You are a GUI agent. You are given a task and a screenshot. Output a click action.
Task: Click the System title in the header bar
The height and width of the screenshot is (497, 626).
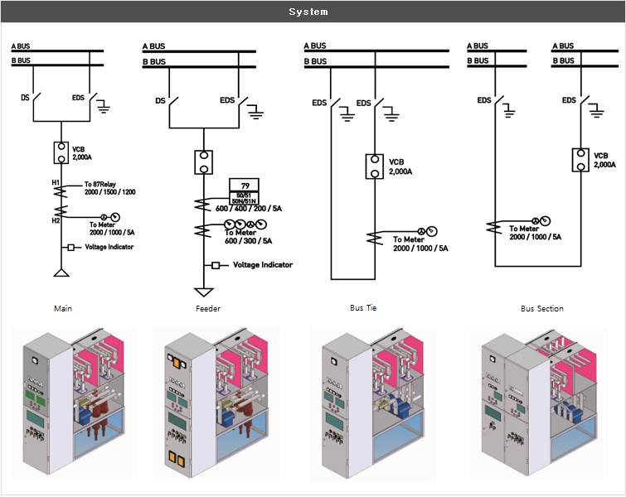308,12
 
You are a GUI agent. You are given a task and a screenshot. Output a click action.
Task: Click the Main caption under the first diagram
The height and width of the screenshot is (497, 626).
63,309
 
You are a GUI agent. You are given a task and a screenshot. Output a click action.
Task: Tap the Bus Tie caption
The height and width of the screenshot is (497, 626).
364,308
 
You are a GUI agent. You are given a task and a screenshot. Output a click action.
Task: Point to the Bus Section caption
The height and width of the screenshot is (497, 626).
542,309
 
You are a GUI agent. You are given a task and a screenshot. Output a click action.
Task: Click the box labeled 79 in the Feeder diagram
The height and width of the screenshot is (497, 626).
245,184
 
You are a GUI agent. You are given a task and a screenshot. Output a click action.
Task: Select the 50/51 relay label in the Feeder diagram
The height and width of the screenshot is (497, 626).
245,194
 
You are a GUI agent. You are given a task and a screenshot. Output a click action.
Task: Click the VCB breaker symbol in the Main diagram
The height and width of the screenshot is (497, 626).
61,153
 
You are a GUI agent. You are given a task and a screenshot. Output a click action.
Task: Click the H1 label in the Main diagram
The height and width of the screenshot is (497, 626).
56,183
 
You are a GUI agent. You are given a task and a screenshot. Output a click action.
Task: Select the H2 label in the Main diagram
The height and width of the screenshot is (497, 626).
56,220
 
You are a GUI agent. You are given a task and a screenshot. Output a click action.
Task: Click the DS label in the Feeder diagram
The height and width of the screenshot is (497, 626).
161,101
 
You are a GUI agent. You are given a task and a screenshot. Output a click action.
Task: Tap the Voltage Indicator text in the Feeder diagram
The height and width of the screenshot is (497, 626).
263,265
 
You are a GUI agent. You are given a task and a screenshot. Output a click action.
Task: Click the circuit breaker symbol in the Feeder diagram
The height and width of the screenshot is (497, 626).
203,162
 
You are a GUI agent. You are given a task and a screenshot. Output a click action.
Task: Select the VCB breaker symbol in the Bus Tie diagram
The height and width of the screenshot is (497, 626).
375,166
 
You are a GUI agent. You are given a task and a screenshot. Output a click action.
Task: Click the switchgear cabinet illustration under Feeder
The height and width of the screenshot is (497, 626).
216,402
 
